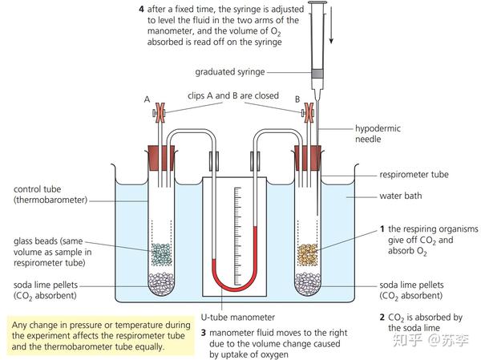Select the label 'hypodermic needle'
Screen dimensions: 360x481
tap(379, 134)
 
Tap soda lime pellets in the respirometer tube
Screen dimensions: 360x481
tap(309, 282)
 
